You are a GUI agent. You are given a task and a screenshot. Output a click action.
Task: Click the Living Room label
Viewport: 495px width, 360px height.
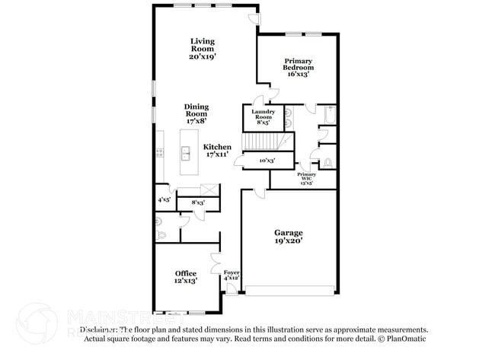pos(202,48)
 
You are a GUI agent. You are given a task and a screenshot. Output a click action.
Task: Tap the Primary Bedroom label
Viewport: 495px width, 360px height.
pos(299,68)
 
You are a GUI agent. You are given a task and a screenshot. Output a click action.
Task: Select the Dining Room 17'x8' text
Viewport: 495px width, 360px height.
pos(196,113)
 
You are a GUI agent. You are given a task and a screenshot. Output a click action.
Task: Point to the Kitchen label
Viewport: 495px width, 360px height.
pos(217,151)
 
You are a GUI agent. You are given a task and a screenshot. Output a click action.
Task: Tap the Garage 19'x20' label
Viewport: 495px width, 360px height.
pos(289,236)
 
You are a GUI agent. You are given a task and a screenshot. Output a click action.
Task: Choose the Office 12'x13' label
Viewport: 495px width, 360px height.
pos(186,277)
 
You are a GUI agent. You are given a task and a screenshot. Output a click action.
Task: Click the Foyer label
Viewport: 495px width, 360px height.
pos(231,275)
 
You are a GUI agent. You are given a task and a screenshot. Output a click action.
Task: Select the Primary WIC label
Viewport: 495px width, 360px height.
pos(306,180)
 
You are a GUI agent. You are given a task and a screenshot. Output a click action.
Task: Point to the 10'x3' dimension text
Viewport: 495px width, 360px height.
pos(267,161)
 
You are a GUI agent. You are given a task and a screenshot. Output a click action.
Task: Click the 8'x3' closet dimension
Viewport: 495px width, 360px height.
pos(198,202)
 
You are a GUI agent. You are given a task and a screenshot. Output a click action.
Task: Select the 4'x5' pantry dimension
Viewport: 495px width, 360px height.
pos(164,199)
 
